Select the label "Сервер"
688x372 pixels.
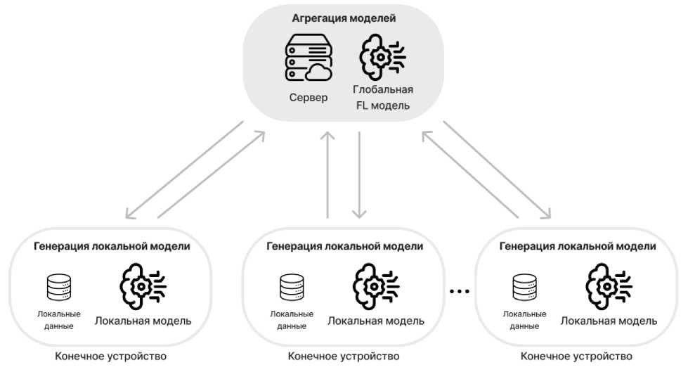(308, 97)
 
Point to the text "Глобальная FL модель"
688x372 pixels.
(383, 98)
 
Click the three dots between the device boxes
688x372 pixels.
(459, 290)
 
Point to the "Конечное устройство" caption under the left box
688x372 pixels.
(111, 356)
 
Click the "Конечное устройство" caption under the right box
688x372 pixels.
(577, 356)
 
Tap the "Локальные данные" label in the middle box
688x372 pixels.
(291, 320)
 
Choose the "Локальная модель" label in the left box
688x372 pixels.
(143, 321)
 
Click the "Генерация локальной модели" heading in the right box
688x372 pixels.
(577, 246)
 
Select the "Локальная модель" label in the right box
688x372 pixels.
(609, 321)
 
